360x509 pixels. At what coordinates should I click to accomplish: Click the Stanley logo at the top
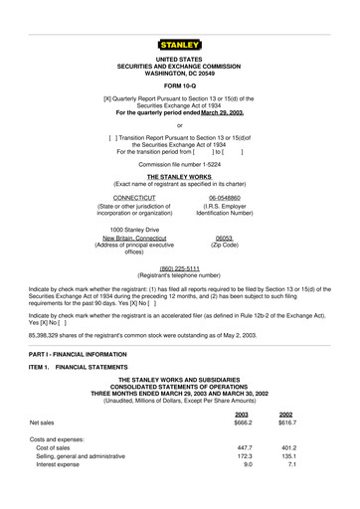(x=179, y=44)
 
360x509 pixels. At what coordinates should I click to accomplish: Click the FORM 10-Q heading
(x=179, y=84)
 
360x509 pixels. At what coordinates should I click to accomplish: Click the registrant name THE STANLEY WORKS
(x=179, y=175)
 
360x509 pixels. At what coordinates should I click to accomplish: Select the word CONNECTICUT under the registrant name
(x=133, y=198)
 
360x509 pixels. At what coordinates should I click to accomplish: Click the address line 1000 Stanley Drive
(x=131, y=231)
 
